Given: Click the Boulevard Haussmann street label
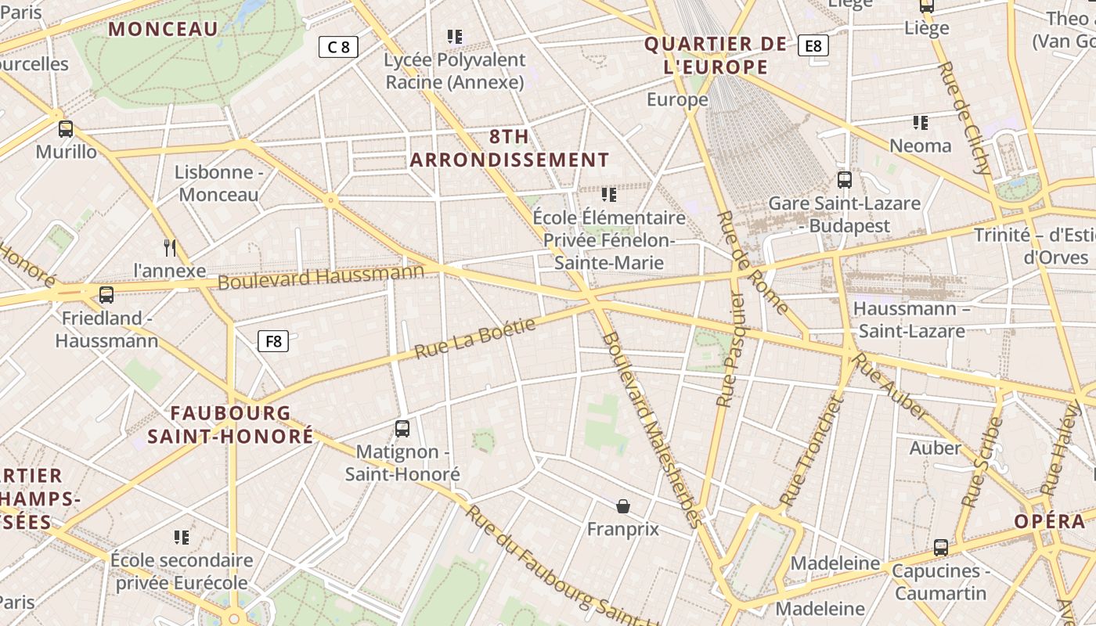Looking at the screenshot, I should (321, 276).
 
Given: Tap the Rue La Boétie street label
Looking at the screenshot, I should (474, 338).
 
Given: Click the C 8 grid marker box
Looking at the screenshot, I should (338, 47).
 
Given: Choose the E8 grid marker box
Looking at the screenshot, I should (813, 46).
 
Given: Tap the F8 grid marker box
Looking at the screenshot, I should (273, 341).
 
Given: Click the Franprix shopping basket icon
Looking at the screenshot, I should (623, 506).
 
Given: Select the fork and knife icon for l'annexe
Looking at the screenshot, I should (170, 248).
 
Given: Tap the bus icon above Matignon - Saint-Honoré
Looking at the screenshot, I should (402, 429).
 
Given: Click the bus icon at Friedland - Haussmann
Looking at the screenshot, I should (106, 295).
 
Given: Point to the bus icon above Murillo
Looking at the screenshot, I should (66, 129).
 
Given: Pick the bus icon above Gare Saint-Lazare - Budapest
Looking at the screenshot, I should (845, 180).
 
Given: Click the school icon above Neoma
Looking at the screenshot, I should (921, 123).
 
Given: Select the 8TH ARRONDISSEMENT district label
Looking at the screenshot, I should (510, 148).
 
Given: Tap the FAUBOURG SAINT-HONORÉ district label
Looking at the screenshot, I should (230, 425).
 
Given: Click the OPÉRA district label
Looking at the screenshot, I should (1050, 522).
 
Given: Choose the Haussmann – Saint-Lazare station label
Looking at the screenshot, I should (911, 319).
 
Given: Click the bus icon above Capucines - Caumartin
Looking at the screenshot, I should (941, 548).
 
